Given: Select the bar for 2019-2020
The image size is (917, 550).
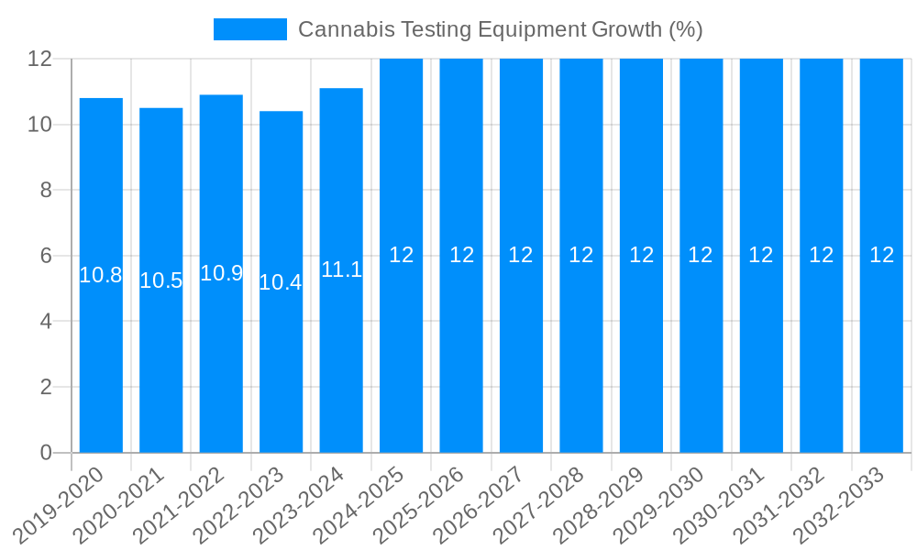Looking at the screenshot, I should pyautogui.click(x=101, y=348).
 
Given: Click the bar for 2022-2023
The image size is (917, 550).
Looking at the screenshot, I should pyautogui.click(x=281, y=367).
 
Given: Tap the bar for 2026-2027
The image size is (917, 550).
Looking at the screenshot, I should pyautogui.click(x=521, y=348).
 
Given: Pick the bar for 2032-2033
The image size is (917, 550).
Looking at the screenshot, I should pyautogui.click(x=881, y=348).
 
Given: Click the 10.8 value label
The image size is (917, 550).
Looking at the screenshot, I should pyautogui.click(x=101, y=275).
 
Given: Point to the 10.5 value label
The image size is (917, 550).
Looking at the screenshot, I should pyautogui.click(x=161, y=280).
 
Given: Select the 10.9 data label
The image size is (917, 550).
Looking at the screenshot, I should pyautogui.click(x=221, y=273).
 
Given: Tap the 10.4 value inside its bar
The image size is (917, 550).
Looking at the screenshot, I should pyautogui.click(x=281, y=282).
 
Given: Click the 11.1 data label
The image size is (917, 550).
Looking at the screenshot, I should pyautogui.click(x=341, y=269).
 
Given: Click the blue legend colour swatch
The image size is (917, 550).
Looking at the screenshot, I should pyautogui.click(x=249, y=29).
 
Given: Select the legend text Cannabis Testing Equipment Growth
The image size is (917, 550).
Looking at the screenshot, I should pyautogui.click(x=501, y=29).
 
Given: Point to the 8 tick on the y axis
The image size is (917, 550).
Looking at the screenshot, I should pyautogui.click(x=45, y=191).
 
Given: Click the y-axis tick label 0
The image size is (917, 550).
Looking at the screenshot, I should pyautogui.click(x=45, y=453).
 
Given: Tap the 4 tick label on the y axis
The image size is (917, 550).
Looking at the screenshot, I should pyautogui.click(x=45, y=322).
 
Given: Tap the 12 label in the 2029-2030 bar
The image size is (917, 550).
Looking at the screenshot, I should pyautogui.click(x=701, y=255).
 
